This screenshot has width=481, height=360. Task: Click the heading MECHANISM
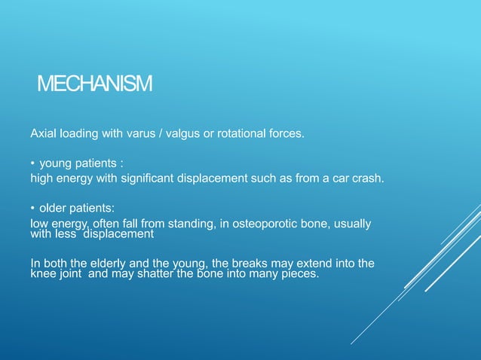(x=94, y=83)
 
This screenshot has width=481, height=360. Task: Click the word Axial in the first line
(x=43, y=134)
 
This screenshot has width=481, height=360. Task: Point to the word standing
(x=195, y=224)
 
